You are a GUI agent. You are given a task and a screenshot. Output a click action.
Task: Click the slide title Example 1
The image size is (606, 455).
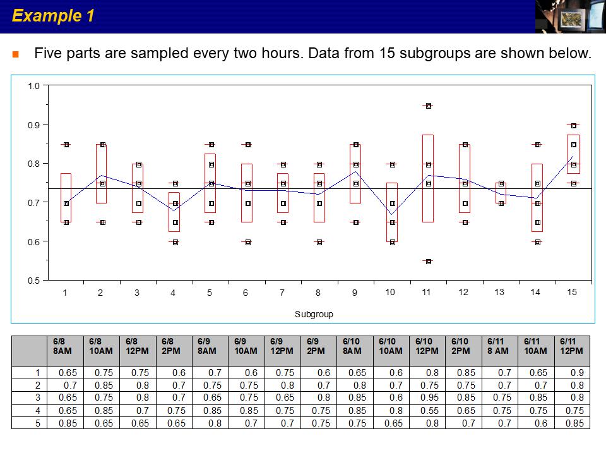(x=53, y=16)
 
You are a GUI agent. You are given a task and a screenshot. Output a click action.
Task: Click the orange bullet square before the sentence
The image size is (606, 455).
(x=15, y=54)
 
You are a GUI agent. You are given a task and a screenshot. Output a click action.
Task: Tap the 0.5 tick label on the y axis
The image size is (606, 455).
(x=33, y=281)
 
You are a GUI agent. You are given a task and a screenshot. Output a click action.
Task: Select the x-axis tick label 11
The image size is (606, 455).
(x=427, y=292)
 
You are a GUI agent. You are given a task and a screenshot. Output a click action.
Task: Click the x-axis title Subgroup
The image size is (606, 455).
(x=314, y=314)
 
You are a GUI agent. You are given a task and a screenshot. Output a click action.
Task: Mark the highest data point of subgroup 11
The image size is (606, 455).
(x=428, y=106)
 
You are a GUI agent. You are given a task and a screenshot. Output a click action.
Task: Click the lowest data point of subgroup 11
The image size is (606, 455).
(x=428, y=261)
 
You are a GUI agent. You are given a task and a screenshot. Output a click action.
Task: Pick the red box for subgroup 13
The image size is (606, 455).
(x=501, y=193)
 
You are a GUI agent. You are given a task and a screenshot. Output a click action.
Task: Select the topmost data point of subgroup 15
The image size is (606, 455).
(x=574, y=126)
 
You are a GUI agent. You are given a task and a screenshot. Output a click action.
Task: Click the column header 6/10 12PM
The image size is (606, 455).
(x=427, y=346)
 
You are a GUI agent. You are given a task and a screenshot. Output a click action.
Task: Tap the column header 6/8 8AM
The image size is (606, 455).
(x=64, y=346)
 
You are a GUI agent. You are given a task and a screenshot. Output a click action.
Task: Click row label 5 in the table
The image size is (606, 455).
(x=37, y=423)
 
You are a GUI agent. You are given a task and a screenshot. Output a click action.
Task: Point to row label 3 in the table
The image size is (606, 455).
(x=37, y=397)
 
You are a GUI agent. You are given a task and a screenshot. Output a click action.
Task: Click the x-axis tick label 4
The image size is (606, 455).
(x=173, y=293)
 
